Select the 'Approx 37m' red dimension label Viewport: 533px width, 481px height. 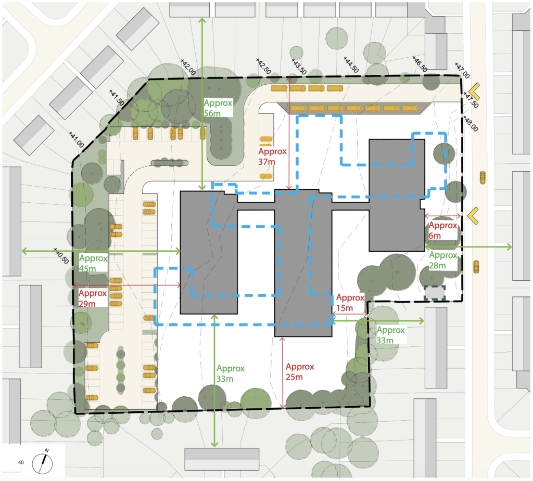tap(272, 157)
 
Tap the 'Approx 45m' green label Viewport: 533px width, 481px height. tap(94, 263)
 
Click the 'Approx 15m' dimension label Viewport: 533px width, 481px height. tap(350, 303)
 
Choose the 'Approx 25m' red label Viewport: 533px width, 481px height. tap(300, 371)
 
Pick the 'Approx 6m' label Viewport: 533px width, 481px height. tap(443, 230)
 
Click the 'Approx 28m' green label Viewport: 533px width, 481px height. tap(443, 260)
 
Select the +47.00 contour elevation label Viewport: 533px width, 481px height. tap(462, 68)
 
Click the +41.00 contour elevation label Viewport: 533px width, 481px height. tap(77, 139)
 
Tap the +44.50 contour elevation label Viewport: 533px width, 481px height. tap(352, 65)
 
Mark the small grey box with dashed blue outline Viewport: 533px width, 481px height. tap(435, 293)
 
